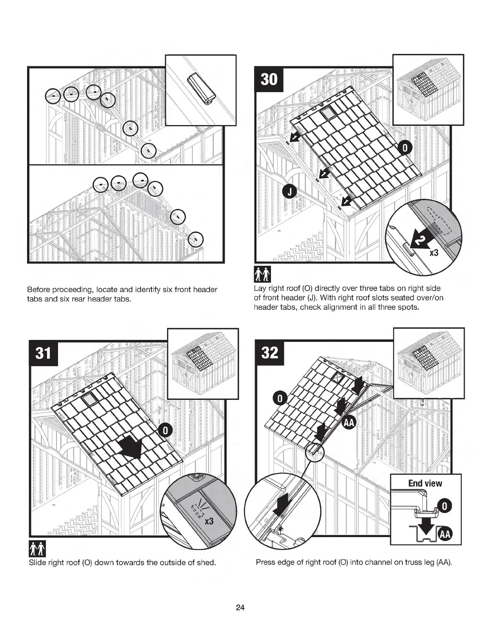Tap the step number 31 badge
point(44,353)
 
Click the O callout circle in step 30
point(405,147)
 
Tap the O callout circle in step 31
point(165,430)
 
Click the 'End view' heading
point(425,483)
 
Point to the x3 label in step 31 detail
point(208,522)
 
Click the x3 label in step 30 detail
point(434,253)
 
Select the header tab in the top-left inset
point(201,89)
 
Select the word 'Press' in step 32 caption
point(265,563)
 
